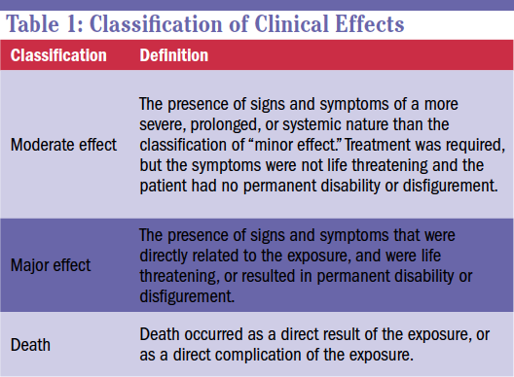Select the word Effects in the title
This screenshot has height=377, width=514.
(364, 22)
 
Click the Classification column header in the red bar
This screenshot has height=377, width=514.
(58, 54)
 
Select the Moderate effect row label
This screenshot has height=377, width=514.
(64, 145)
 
